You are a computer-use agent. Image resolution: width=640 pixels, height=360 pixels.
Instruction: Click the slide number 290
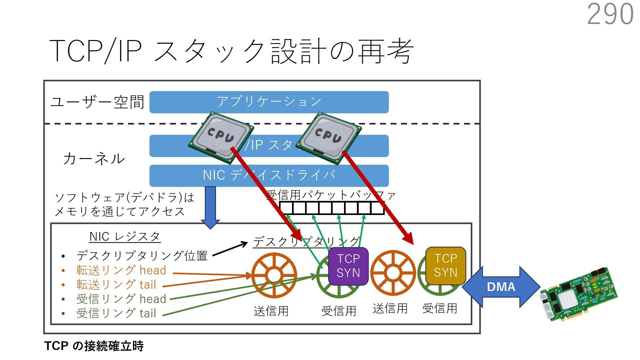click(x=610, y=14)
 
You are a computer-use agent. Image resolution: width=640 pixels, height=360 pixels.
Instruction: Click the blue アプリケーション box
click(x=269, y=102)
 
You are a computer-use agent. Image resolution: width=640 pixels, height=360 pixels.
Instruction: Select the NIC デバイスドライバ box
click(x=269, y=175)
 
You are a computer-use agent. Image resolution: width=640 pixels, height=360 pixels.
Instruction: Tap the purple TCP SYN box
click(x=348, y=266)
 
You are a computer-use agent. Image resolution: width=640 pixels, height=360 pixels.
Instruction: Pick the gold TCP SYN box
click(x=446, y=266)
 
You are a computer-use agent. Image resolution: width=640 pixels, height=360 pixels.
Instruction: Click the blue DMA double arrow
click(x=501, y=287)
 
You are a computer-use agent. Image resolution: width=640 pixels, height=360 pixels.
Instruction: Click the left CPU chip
click(x=220, y=137)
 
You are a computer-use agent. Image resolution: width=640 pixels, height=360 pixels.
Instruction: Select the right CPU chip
click(x=328, y=138)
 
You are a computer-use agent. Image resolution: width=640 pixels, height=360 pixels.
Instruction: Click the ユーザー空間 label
click(x=97, y=102)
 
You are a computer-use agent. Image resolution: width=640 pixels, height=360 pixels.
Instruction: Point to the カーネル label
click(x=94, y=159)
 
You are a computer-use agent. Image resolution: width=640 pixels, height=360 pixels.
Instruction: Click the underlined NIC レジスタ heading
click(x=125, y=237)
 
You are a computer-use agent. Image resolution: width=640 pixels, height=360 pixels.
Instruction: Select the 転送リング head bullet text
click(x=121, y=270)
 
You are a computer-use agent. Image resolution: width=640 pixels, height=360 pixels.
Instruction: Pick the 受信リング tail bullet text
click(x=116, y=313)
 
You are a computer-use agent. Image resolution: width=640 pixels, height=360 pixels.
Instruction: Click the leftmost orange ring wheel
click(x=274, y=275)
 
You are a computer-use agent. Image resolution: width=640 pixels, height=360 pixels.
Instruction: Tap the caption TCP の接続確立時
click(x=94, y=346)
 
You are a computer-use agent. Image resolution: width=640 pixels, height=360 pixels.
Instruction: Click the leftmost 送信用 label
click(x=271, y=311)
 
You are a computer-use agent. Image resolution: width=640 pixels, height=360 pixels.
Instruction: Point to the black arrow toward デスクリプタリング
click(x=230, y=249)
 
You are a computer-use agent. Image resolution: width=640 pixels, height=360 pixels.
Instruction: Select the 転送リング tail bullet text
click(x=116, y=285)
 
